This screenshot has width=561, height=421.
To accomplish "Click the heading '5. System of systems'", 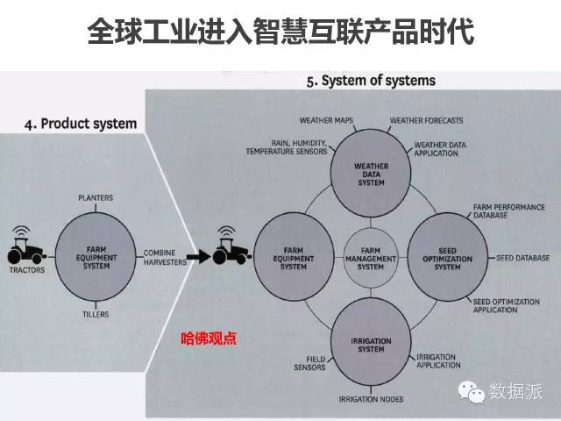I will pos(371,82).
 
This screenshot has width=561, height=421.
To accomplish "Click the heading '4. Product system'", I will pos(80,124).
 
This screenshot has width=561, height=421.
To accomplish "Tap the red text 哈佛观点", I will pos(209,336).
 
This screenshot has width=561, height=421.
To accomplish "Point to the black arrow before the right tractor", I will pos(201,257).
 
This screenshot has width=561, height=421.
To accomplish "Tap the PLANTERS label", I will pos(96,198).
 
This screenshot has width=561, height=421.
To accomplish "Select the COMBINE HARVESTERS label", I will pos(165,258).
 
